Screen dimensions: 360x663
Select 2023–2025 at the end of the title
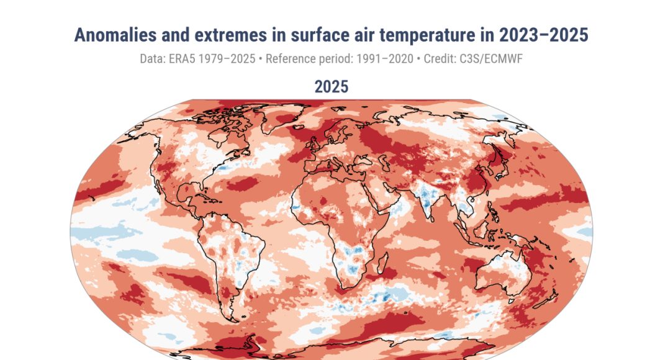click(547, 35)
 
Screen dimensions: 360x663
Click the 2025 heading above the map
click(331, 86)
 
